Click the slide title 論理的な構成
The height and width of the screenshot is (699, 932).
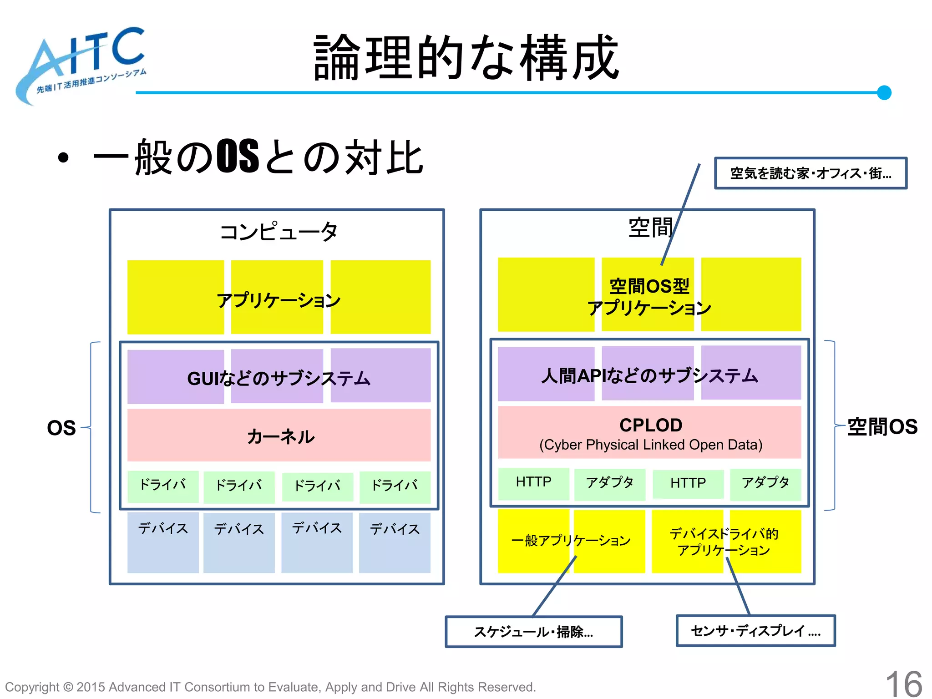[x=466, y=58]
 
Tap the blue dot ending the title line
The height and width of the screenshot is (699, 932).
[x=884, y=92]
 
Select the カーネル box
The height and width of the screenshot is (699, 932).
[x=279, y=436]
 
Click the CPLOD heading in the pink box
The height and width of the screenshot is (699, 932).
[x=650, y=425]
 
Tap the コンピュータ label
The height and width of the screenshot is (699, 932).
[x=278, y=232]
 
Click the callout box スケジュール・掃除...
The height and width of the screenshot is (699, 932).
[x=533, y=632]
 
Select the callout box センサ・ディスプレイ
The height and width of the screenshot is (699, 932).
[x=755, y=631]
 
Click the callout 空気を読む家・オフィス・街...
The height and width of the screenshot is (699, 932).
[x=810, y=173]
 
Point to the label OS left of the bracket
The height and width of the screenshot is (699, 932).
[x=61, y=428]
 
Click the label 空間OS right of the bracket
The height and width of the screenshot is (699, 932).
[x=882, y=427]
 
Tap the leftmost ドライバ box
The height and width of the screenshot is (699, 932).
[x=163, y=486]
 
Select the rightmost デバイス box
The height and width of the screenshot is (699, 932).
[x=395, y=542]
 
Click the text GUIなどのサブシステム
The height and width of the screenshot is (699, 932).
[x=279, y=378]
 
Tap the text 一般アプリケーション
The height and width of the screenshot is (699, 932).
[x=571, y=541]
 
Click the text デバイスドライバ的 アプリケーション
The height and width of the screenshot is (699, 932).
[x=724, y=542]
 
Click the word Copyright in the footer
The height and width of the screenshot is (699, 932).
[x=32, y=687]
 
